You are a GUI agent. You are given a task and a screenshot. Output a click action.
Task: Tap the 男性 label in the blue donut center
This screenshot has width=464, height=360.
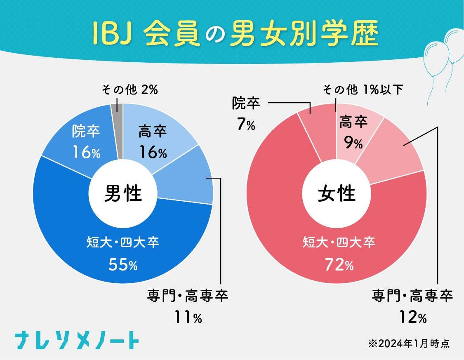(x=123, y=193)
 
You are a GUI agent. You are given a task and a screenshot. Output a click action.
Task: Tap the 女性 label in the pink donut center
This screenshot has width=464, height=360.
(x=337, y=193)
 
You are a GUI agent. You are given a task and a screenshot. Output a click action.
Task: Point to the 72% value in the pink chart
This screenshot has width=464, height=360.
(x=336, y=265)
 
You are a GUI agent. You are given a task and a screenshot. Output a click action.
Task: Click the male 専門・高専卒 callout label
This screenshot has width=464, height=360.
(x=188, y=296)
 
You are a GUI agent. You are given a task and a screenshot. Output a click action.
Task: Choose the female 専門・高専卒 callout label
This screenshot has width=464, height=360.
(x=412, y=296)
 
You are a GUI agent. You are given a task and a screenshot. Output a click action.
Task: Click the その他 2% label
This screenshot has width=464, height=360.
(x=130, y=89)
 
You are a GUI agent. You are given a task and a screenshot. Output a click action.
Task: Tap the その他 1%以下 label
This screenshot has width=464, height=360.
(x=363, y=89)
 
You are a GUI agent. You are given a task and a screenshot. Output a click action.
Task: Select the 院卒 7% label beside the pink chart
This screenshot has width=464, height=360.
(x=246, y=113)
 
